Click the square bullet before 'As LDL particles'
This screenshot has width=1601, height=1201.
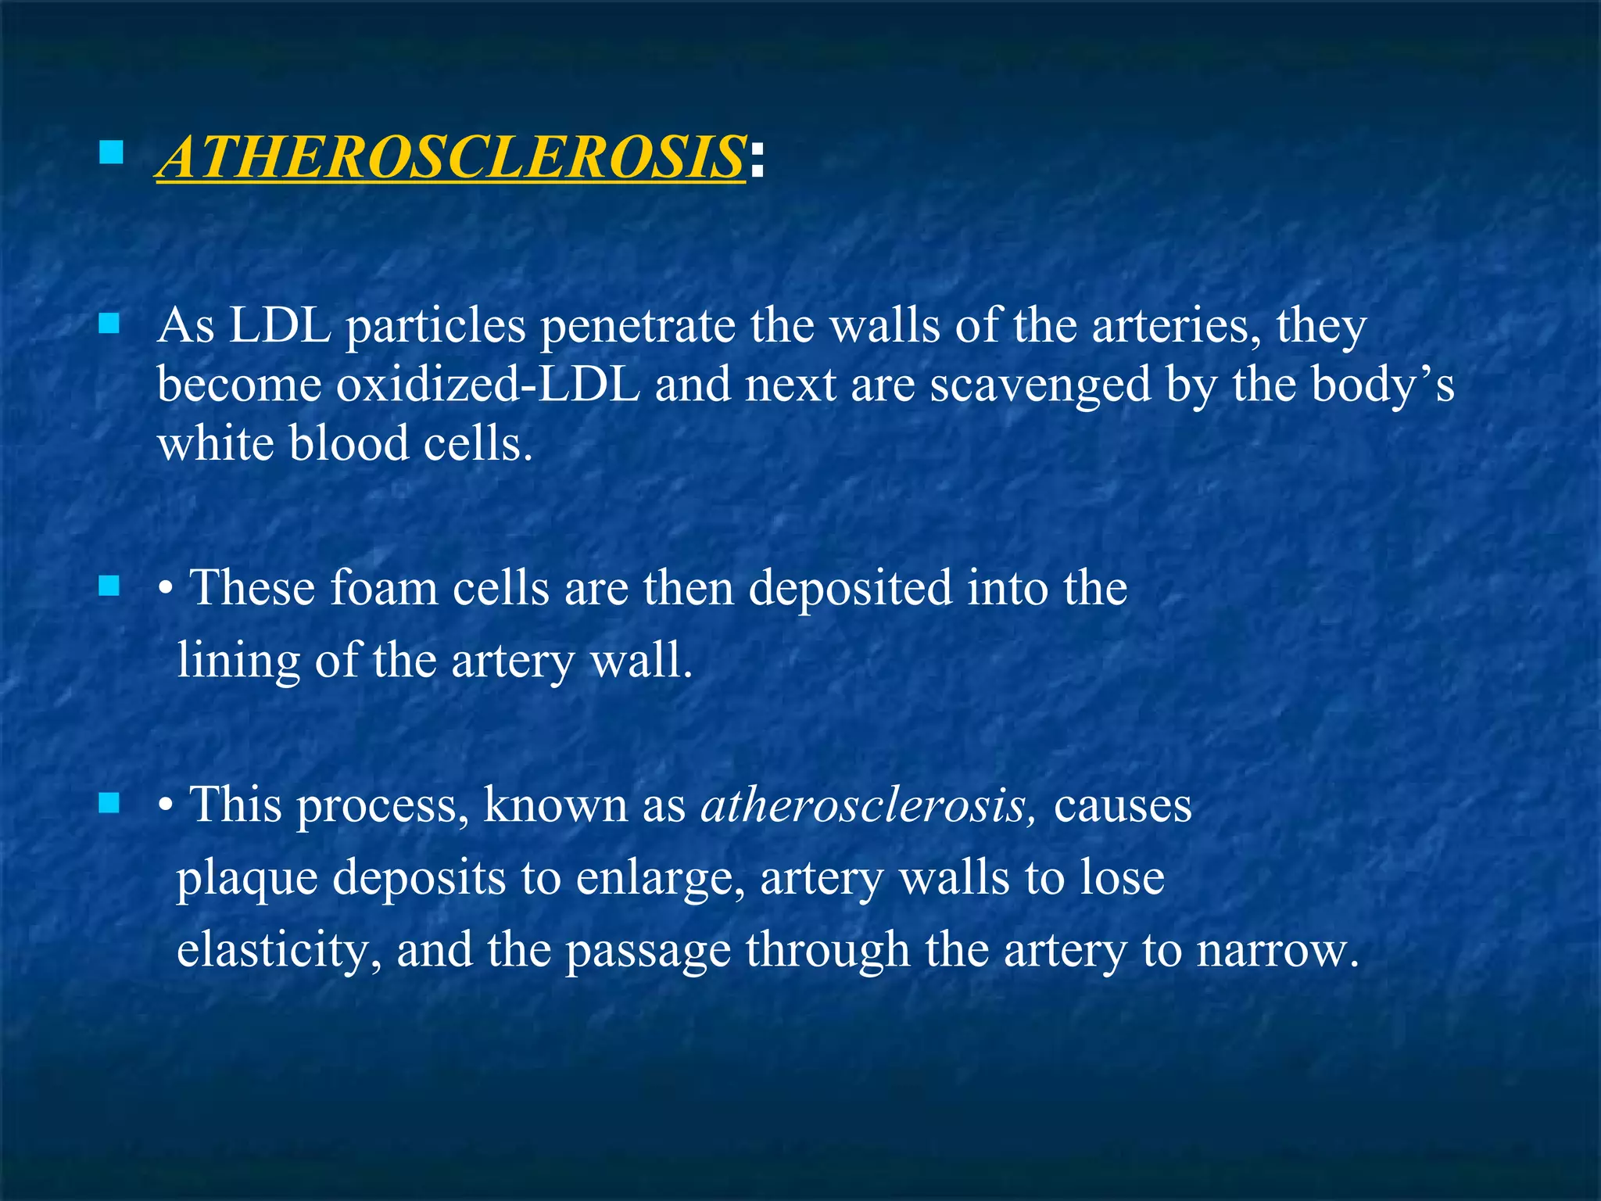[109, 324]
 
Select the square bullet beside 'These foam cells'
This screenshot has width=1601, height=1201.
[109, 586]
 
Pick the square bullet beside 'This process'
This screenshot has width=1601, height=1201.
[109, 802]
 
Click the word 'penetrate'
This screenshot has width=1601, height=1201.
[637, 326]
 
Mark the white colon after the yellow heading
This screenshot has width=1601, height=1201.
[755, 160]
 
